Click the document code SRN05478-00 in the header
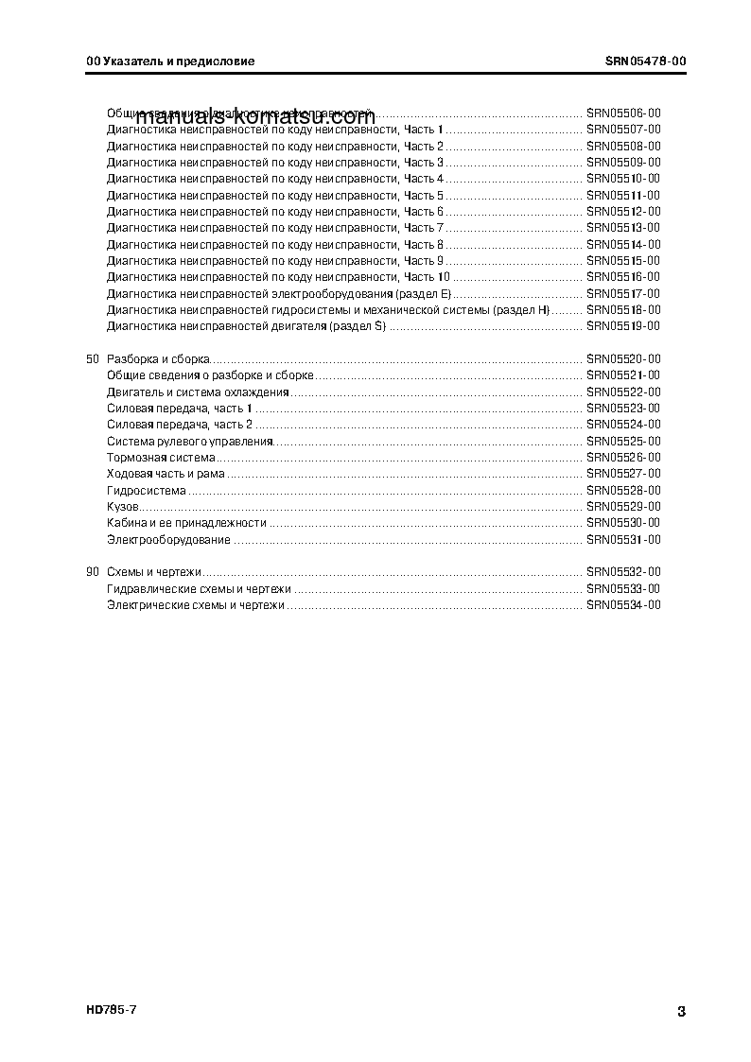(645, 61)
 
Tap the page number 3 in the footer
(681, 1012)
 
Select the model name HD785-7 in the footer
(112, 1010)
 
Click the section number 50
(92, 359)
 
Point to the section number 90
(92, 572)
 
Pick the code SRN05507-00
(622, 130)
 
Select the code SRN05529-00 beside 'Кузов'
(622, 507)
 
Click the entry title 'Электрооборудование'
(168, 540)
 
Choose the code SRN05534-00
(622, 605)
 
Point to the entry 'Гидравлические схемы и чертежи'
(199, 589)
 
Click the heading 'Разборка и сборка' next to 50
(158, 359)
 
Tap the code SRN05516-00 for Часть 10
(622, 277)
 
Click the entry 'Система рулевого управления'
(190, 442)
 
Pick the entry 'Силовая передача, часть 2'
(180, 425)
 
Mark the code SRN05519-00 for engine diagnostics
(622, 326)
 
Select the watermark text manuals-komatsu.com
(255, 119)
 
